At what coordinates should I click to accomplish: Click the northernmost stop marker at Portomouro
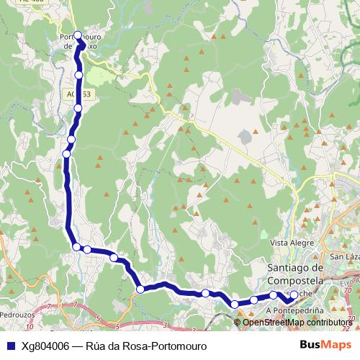click(77, 35)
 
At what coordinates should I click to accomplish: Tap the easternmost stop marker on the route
click(293, 294)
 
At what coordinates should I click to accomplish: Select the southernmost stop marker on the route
click(235, 304)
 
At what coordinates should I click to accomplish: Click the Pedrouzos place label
click(17, 315)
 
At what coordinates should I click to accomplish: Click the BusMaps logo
click(326, 345)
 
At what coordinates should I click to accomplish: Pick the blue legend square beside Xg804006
click(10, 346)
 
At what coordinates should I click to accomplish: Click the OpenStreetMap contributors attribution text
click(297, 322)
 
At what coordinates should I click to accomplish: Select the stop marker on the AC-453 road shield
click(78, 108)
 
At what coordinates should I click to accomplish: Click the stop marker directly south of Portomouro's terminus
click(78, 74)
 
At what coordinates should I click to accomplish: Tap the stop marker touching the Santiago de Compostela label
click(274, 294)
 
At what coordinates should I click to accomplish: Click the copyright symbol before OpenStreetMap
click(238, 322)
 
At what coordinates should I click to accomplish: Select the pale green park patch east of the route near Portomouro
click(108, 72)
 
